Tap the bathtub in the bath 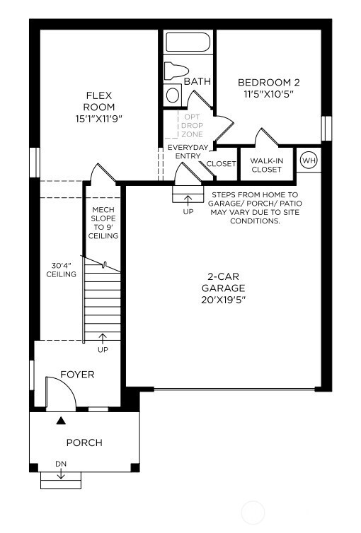[x=188, y=42]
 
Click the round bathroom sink [x=173, y=95]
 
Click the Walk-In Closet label [x=266, y=165]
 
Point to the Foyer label [x=77, y=374]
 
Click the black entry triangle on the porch [x=62, y=421]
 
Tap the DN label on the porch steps [x=61, y=464]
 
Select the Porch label [x=84, y=443]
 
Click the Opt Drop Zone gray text [x=193, y=125]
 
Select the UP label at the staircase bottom [x=103, y=350]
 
